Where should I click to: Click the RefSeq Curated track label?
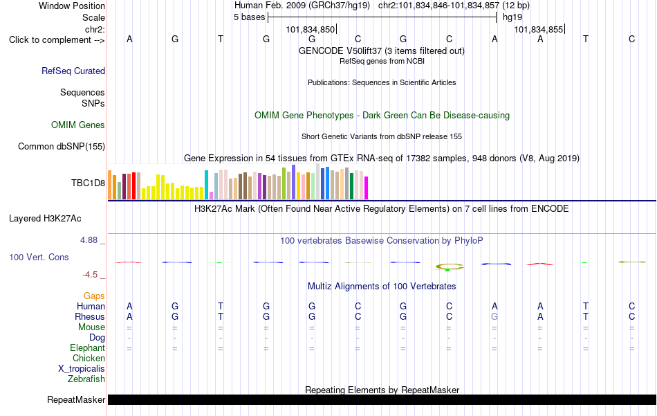point(73,71)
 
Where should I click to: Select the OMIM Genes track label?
point(78,125)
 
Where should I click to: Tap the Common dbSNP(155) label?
point(62,146)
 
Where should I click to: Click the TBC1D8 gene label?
point(88,183)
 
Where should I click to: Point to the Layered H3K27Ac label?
point(45,219)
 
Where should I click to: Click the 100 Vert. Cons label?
point(39,257)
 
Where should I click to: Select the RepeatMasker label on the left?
point(76,399)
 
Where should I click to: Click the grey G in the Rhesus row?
point(494,316)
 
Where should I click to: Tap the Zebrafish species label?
point(86,379)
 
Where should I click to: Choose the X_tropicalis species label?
point(82,369)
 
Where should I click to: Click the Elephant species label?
point(88,347)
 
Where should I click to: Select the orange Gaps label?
point(94,296)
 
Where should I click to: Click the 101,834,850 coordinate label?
point(311,29)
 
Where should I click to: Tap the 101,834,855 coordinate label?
point(539,29)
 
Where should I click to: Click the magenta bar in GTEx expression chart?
point(367,188)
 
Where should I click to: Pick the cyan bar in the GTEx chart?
point(206,185)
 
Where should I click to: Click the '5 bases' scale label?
point(249,17)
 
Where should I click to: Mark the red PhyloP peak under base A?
point(540,264)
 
